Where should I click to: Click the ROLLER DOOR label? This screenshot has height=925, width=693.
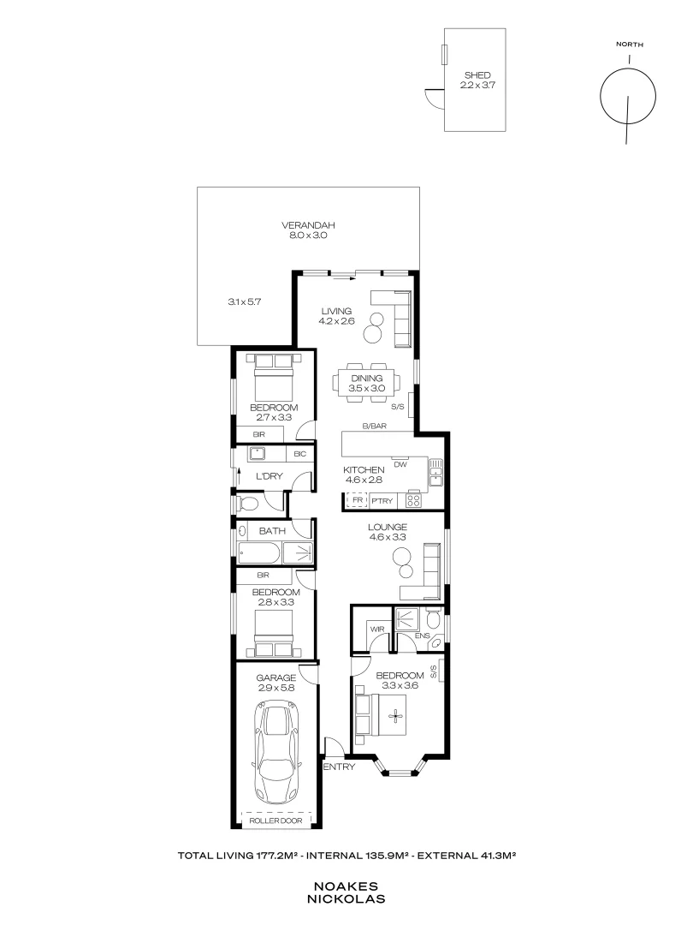(x=275, y=821)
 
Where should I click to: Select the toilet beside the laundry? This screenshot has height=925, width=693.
(x=247, y=502)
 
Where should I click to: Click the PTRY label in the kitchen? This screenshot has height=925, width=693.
(x=382, y=501)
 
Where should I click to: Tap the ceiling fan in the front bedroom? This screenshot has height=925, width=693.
(x=395, y=713)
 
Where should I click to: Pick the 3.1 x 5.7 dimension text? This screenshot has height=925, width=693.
(x=243, y=301)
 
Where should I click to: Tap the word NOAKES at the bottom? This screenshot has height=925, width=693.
(x=346, y=886)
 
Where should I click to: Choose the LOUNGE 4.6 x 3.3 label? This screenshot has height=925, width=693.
(x=388, y=532)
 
